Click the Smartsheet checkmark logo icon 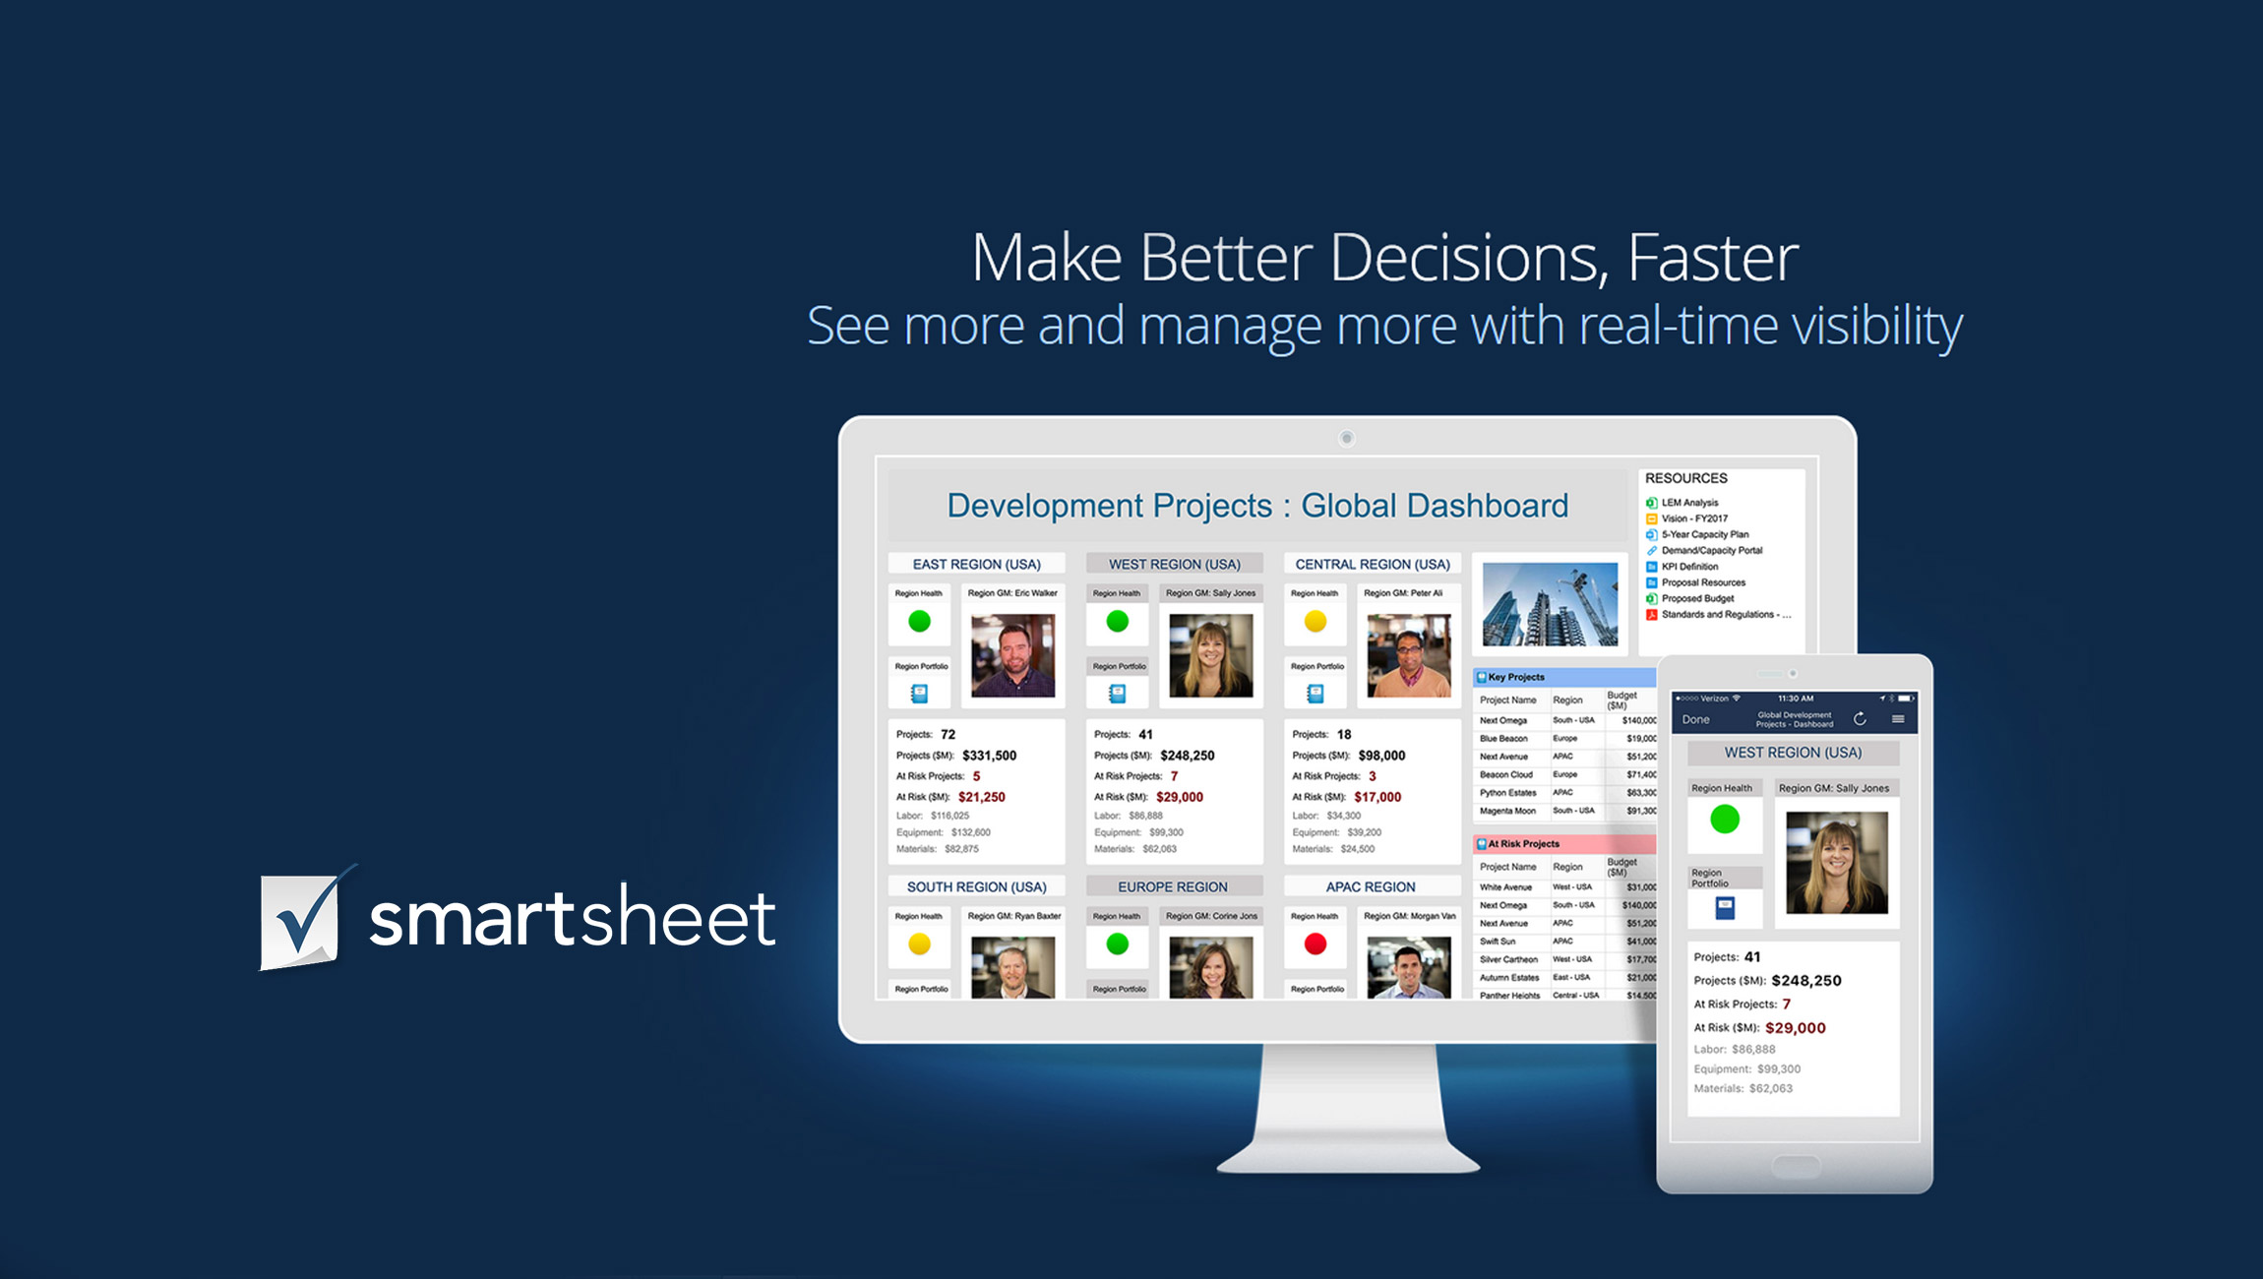pyautogui.click(x=301, y=920)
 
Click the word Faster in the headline pyautogui.click(x=1712, y=258)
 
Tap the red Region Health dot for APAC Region pyautogui.click(x=1315, y=944)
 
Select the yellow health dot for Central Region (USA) pyautogui.click(x=1315, y=622)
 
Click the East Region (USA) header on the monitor pyautogui.click(x=976, y=564)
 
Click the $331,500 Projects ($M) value pyautogui.click(x=989, y=756)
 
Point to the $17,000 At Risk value pyautogui.click(x=1377, y=797)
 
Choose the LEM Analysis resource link pyautogui.click(x=1689, y=503)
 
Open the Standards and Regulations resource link pyautogui.click(x=1724, y=615)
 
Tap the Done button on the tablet pyautogui.click(x=1695, y=720)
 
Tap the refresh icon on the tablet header pyautogui.click(x=1860, y=719)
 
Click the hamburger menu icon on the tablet pyautogui.click(x=1898, y=719)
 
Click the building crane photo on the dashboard pyautogui.click(x=1550, y=604)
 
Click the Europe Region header pyautogui.click(x=1172, y=886)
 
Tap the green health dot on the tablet pyautogui.click(x=1724, y=819)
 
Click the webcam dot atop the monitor pyautogui.click(x=1347, y=438)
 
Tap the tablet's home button pyautogui.click(x=1795, y=1167)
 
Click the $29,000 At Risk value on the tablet pyautogui.click(x=1795, y=1028)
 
